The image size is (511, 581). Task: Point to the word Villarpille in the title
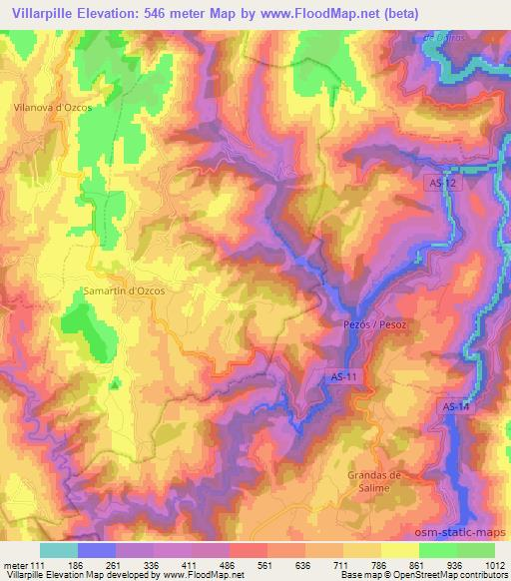[x=41, y=12]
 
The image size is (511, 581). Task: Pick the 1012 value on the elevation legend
[x=495, y=564]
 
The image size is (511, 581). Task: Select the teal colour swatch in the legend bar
[x=58, y=550]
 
